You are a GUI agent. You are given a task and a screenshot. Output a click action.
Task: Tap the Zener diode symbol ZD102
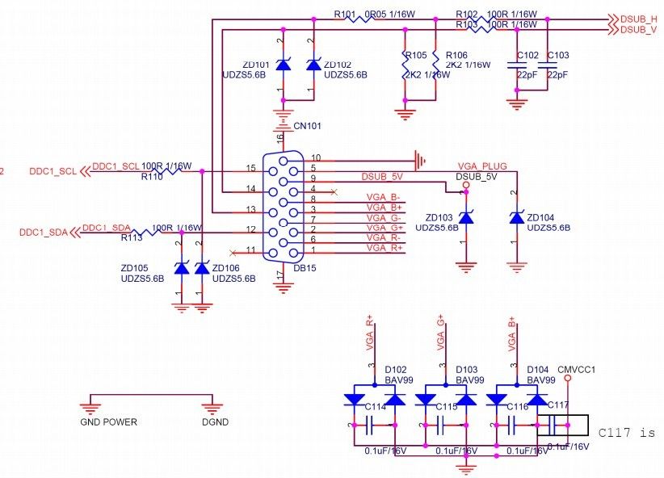point(313,65)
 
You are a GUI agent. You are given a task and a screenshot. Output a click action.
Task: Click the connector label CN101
point(307,126)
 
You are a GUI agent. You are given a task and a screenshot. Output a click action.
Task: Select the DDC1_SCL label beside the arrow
point(53,172)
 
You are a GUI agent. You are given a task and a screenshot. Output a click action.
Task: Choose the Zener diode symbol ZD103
point(465,218)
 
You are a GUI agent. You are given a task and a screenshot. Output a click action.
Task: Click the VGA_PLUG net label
point(481,166)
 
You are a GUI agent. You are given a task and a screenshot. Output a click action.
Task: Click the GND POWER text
point(108,421)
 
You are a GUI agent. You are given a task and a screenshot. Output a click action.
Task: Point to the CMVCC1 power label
point(576,369)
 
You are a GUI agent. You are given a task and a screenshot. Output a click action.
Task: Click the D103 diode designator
point(468,368)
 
